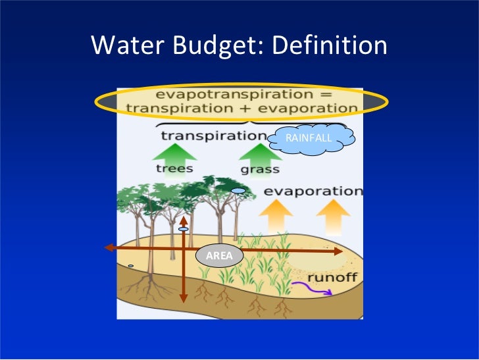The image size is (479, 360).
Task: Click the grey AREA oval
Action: click(220, 255)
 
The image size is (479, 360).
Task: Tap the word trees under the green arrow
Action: click(175, 168)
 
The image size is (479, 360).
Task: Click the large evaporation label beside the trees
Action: click(313, 192)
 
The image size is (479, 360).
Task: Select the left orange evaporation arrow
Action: click(276, 215)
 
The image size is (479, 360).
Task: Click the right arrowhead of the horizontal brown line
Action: click(338, 251)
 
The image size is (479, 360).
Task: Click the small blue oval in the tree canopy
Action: click(238, 191)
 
